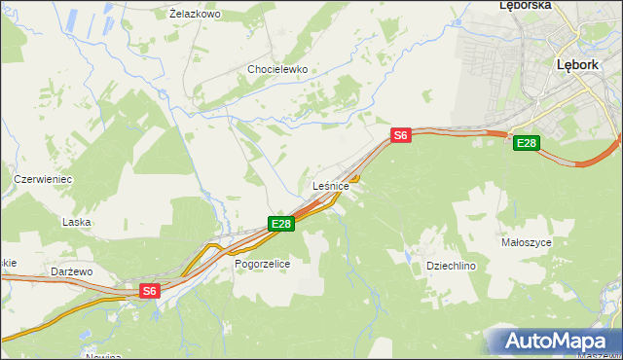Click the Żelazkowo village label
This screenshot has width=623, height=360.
[195, 15]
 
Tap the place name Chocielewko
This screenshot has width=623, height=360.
[277, 70]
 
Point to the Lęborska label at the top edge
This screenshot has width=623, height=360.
[525, 5]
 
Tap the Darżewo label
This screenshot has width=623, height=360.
[73, 272]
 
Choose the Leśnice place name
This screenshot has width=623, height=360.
[331, 186]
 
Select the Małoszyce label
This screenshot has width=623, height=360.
[527, 242]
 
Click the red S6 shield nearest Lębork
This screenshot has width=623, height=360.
[400, 136]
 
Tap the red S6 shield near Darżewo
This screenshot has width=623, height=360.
[148, 291]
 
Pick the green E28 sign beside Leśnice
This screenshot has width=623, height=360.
[280, 225]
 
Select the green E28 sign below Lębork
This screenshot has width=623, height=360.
[526, 144]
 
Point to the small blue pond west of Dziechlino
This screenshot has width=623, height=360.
[405, 257]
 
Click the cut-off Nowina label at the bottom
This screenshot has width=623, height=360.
[102, 356]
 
